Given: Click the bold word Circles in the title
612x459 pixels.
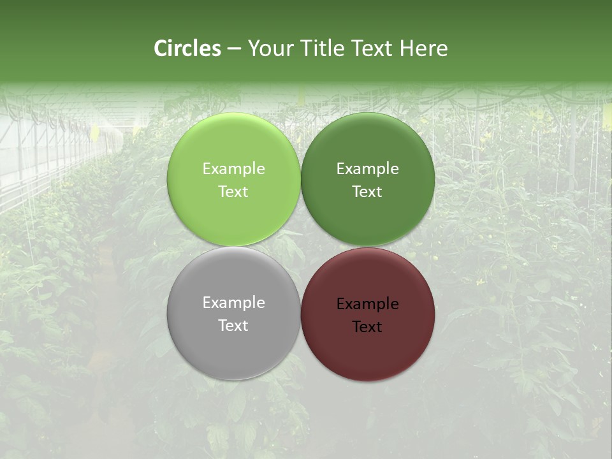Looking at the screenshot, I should point(187,48).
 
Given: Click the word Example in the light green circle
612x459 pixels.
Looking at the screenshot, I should point(233,169).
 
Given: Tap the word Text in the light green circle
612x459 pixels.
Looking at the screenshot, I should point(233,192).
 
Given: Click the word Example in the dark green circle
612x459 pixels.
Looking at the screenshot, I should point(368,169).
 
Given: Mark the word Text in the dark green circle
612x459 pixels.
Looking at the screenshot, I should point(368,192).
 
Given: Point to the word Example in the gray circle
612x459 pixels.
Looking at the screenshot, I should point(233,303).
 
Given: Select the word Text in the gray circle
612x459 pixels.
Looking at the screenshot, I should point(233,326).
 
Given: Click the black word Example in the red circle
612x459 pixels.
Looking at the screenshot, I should point(368,304).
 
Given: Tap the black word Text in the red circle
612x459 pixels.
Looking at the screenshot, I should point(368,327).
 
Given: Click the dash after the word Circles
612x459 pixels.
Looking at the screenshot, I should point(234,49).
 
